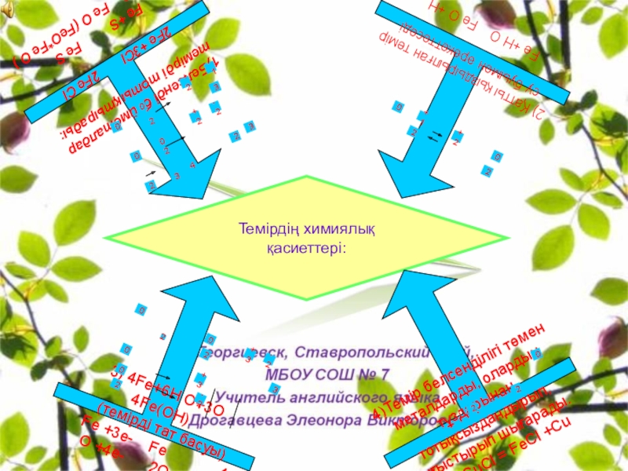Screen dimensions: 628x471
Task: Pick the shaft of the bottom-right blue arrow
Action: click(x=440, y=330)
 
